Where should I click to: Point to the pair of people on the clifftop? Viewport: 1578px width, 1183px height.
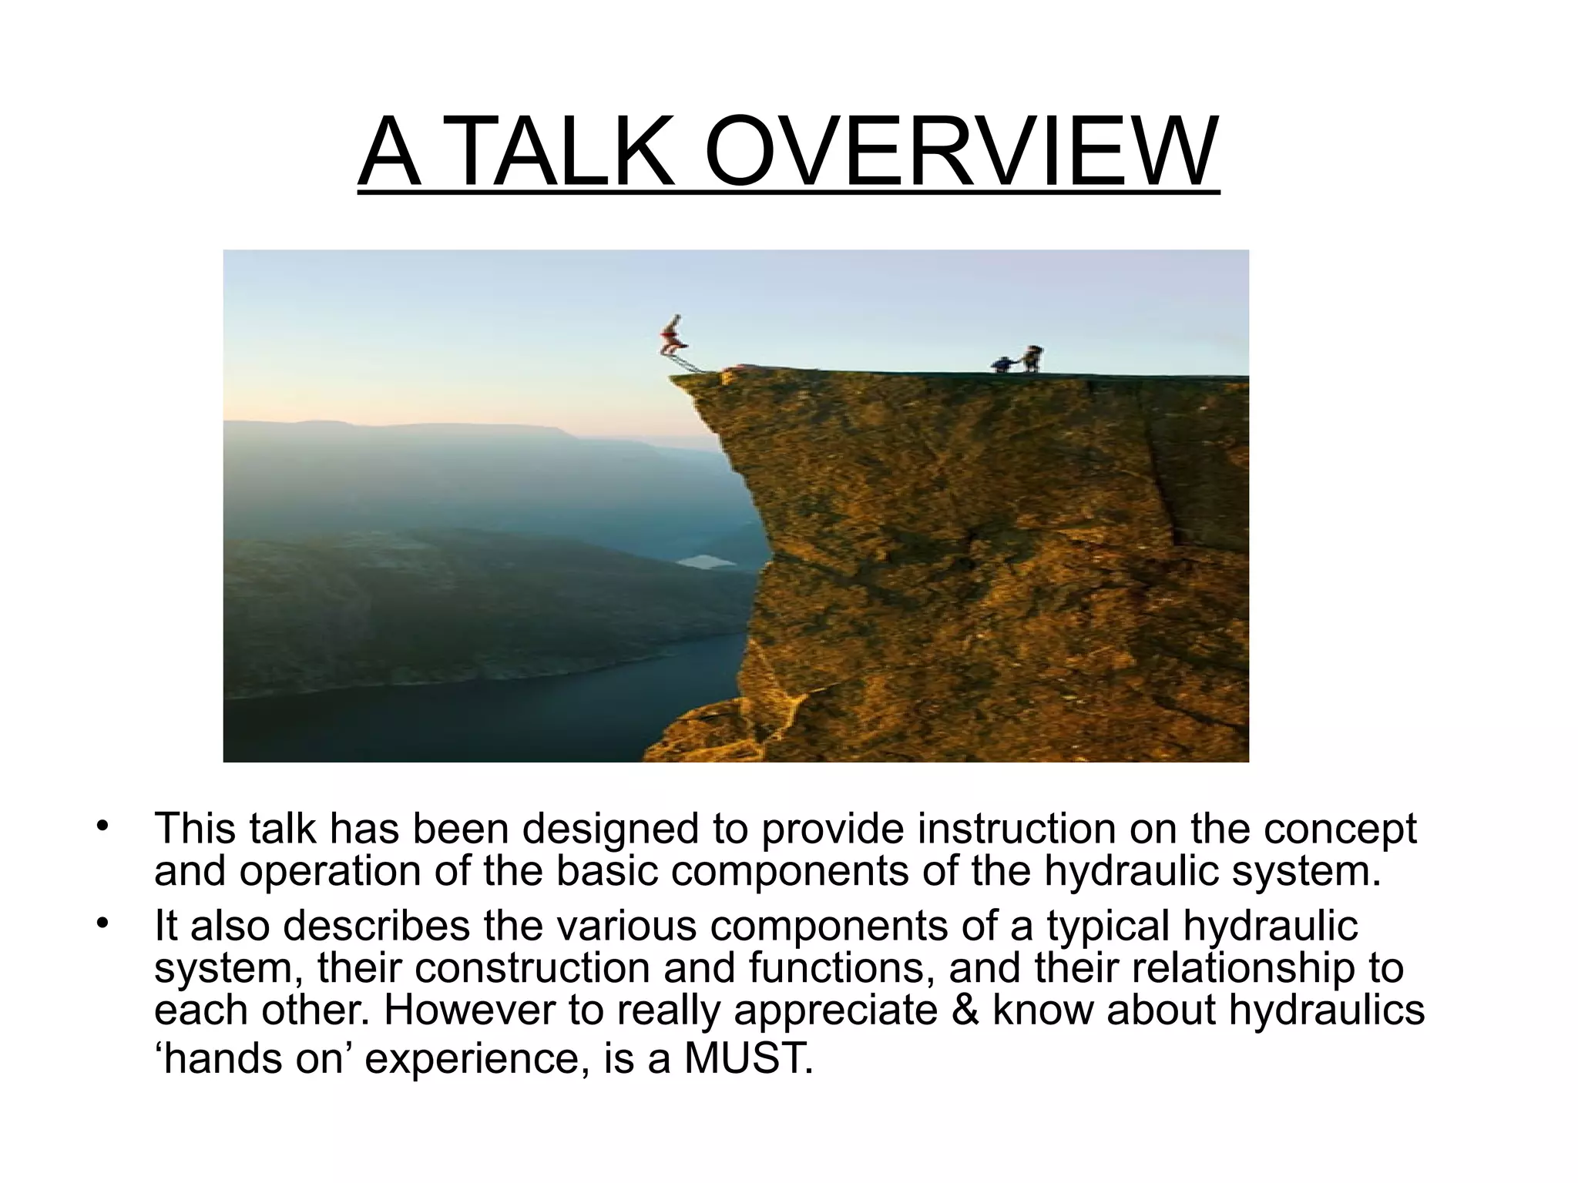coord(1019,360)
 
